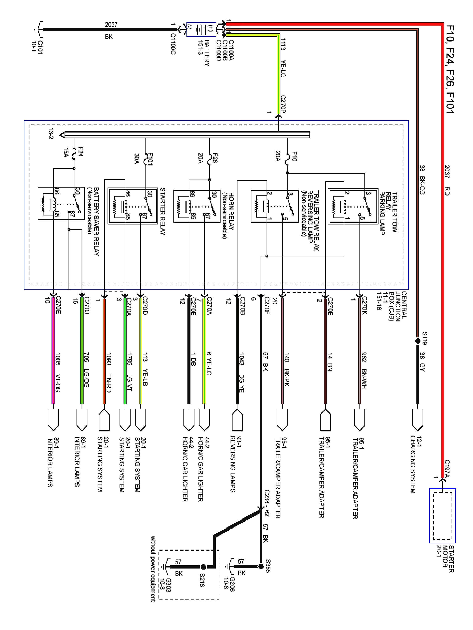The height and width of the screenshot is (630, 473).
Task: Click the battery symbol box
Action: pyautogui.click(x=201, y=29)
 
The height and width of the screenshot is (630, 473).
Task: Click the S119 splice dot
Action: pyautogui.click(x=418, y=341)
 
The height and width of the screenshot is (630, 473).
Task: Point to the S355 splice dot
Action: pyautogui.click(x=261, y=567)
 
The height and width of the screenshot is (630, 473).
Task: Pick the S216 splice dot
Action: pyautogui.click(x=203, y=567)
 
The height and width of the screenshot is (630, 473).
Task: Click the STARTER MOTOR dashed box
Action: pyautogui.click(x=443, y=516)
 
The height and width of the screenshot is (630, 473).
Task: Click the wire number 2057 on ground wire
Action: pyautogui.click(x=111, y=25)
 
